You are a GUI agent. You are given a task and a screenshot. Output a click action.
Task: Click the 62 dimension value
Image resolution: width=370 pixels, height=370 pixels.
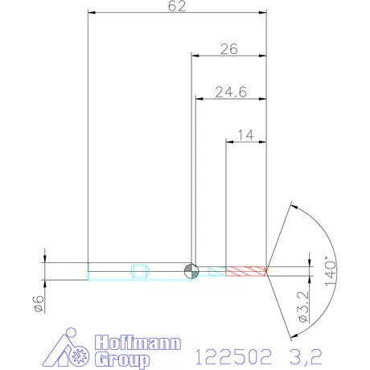click(x=178, y=6)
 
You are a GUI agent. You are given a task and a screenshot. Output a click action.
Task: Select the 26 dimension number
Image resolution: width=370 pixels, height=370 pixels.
click(x=228, y=49)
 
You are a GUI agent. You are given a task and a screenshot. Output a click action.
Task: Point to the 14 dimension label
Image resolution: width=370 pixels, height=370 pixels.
click(x=245, y=136)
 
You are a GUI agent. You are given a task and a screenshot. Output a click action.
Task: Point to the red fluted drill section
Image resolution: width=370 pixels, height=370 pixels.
click(x=245, y=270)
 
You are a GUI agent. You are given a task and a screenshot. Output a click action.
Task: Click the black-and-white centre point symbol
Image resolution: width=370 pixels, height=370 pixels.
click(x=191, y=270)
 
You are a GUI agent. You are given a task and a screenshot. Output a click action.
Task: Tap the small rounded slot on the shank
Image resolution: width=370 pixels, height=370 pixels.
click(x=139, y=270)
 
